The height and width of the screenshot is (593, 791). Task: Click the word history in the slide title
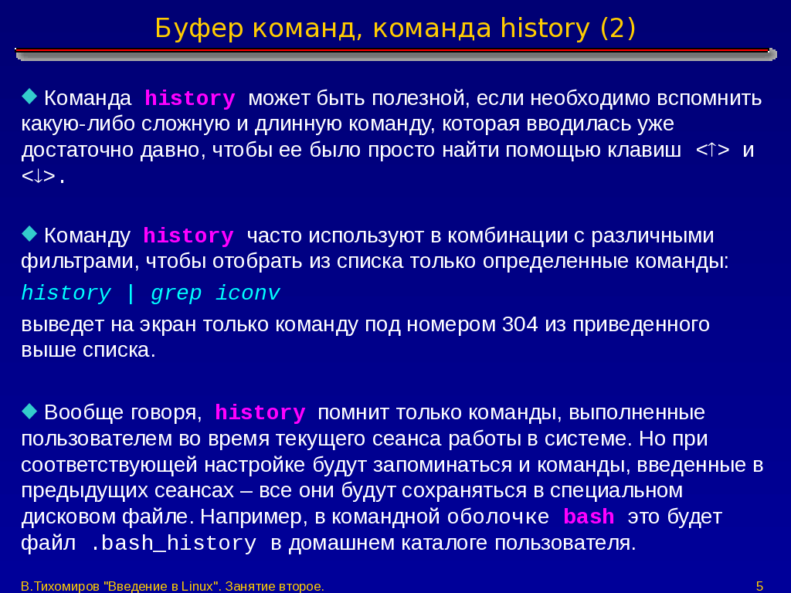coord(545,29)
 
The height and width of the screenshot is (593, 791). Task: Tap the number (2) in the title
coord(618,29)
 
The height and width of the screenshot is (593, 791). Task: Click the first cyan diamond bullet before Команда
coord(30,96)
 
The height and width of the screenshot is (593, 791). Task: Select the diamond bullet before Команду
coord(30,233)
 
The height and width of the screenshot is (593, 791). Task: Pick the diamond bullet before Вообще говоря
coord(30,411)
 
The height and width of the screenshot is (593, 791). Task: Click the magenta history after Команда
coord(190,98)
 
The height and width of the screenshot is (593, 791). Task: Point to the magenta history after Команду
coord(188,236)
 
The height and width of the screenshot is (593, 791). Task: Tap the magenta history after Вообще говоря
coord(260,413)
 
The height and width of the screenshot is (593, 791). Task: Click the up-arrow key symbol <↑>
coord(712,150)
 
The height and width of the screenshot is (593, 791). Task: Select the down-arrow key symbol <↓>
coord(39,176)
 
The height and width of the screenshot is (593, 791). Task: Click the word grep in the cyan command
coord(176,293)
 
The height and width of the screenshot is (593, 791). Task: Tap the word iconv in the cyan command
coord(248,293)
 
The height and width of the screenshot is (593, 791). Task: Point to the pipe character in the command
coord(131,293)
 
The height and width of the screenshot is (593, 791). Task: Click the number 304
coord(520,324)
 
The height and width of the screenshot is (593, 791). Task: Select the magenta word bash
coord(589,517)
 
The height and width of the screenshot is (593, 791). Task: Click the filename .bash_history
coord(173,543)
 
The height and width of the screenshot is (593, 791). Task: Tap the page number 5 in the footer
coord(759,586)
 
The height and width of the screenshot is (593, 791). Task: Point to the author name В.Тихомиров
coord(60,587)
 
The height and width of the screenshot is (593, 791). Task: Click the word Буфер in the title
coord(199,29)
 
